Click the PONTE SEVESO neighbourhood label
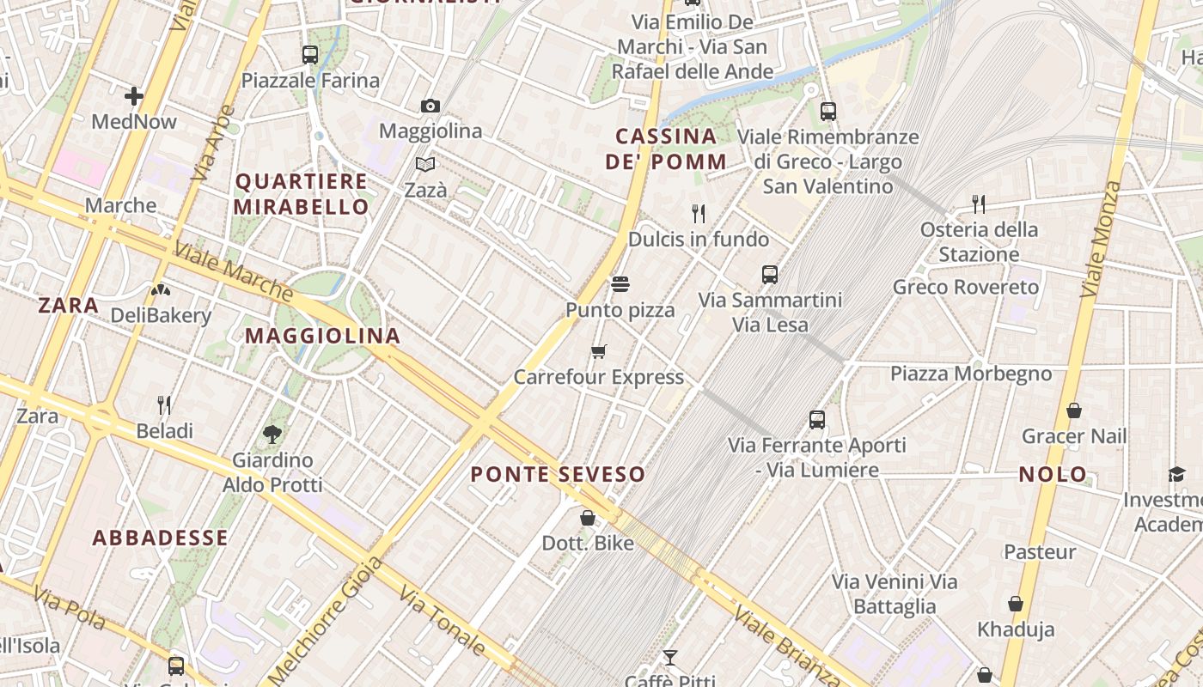[558, 474]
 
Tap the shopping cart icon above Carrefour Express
[599, 351]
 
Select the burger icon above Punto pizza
[620, 284]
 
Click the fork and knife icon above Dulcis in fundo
[699, 213]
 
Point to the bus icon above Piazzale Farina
[310, 55]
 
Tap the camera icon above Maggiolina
[431, 106]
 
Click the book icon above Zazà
[425, 164]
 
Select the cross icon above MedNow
[134, 95]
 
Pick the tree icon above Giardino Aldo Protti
[272, 435]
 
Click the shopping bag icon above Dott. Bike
[588, 518]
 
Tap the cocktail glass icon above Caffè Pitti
[670, 658]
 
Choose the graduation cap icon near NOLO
[1176, 474]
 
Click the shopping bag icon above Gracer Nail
[1073, 410]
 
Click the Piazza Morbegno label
[970, 374]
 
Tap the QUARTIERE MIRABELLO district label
[301, 194]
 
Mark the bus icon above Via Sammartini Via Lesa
[770, 275]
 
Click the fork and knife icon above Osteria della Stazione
[979, 204]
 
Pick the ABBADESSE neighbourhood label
[161, 538]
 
